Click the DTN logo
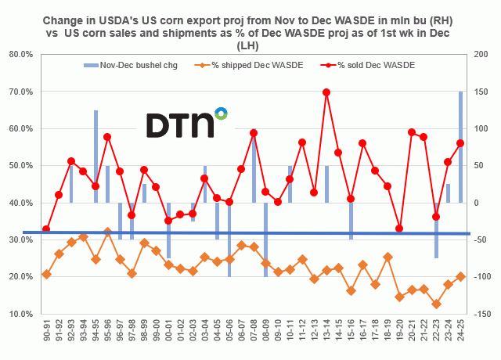click(187, 124)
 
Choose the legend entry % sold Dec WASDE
click(376, 64)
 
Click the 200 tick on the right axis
click(476, 55)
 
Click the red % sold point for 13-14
click(326, 92)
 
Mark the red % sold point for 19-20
click(399, 229)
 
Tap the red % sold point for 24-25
click(460, 143)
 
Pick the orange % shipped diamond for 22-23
click(436, 304)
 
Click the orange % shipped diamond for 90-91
click(46, 274)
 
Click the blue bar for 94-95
click(96, 157)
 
